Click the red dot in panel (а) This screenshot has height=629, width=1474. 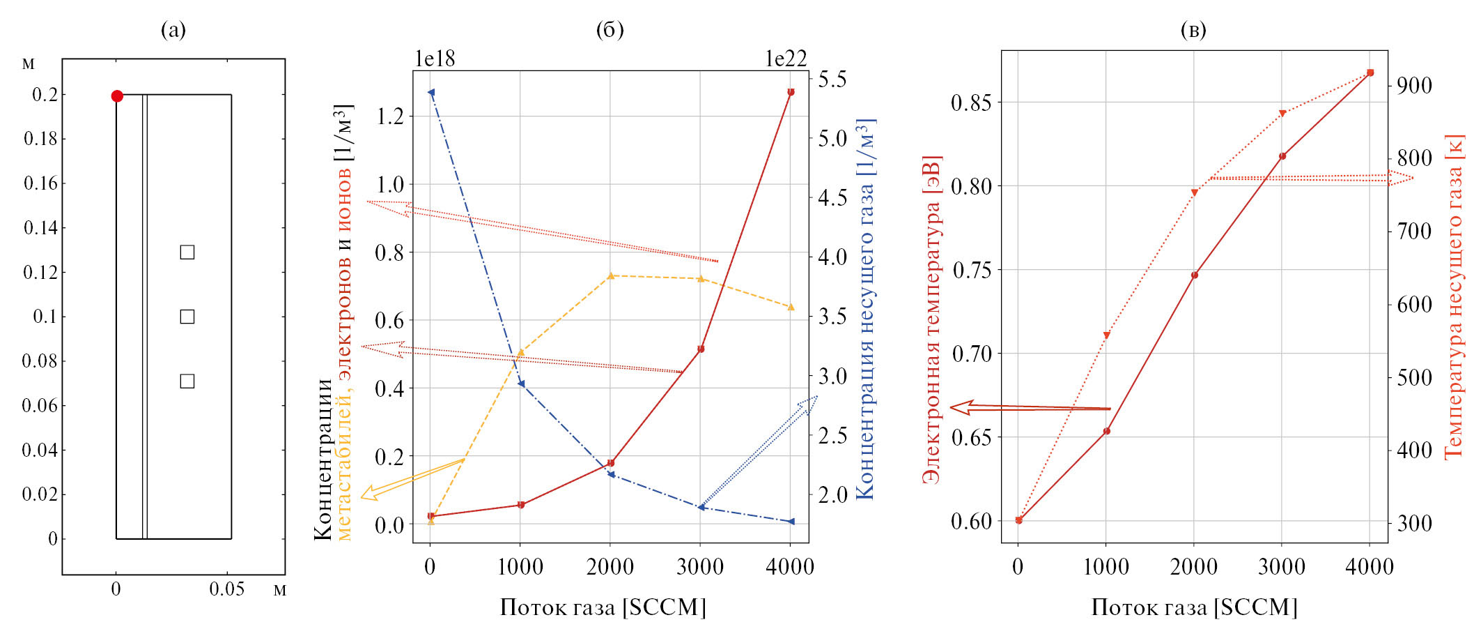coord(117,96)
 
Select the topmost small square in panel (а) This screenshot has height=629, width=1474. coord(187,252)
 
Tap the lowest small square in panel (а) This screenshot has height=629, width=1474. coord(187,381)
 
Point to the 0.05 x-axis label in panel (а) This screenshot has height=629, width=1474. coord(226,590)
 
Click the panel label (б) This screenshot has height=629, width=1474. coord(610,29)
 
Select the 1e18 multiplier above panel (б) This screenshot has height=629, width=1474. coord(435,59)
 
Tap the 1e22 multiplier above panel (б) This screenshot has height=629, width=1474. coord(786,59)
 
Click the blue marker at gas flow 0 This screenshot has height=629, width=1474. coord(431,92)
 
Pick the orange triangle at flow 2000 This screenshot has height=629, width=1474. coord(611,276)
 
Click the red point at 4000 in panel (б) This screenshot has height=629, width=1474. coord(791,92)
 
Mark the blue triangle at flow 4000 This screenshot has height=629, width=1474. coord(791,522)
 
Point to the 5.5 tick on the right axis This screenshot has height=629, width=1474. coord(832,79)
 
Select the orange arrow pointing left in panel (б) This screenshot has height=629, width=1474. coord(411,478)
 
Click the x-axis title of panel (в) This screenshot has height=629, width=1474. coord(1194,607)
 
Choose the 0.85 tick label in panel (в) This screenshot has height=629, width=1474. coord(972,103)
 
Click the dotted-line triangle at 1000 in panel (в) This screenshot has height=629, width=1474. coord(1106,336)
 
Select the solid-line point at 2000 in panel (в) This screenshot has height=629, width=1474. coord(1194,275)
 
